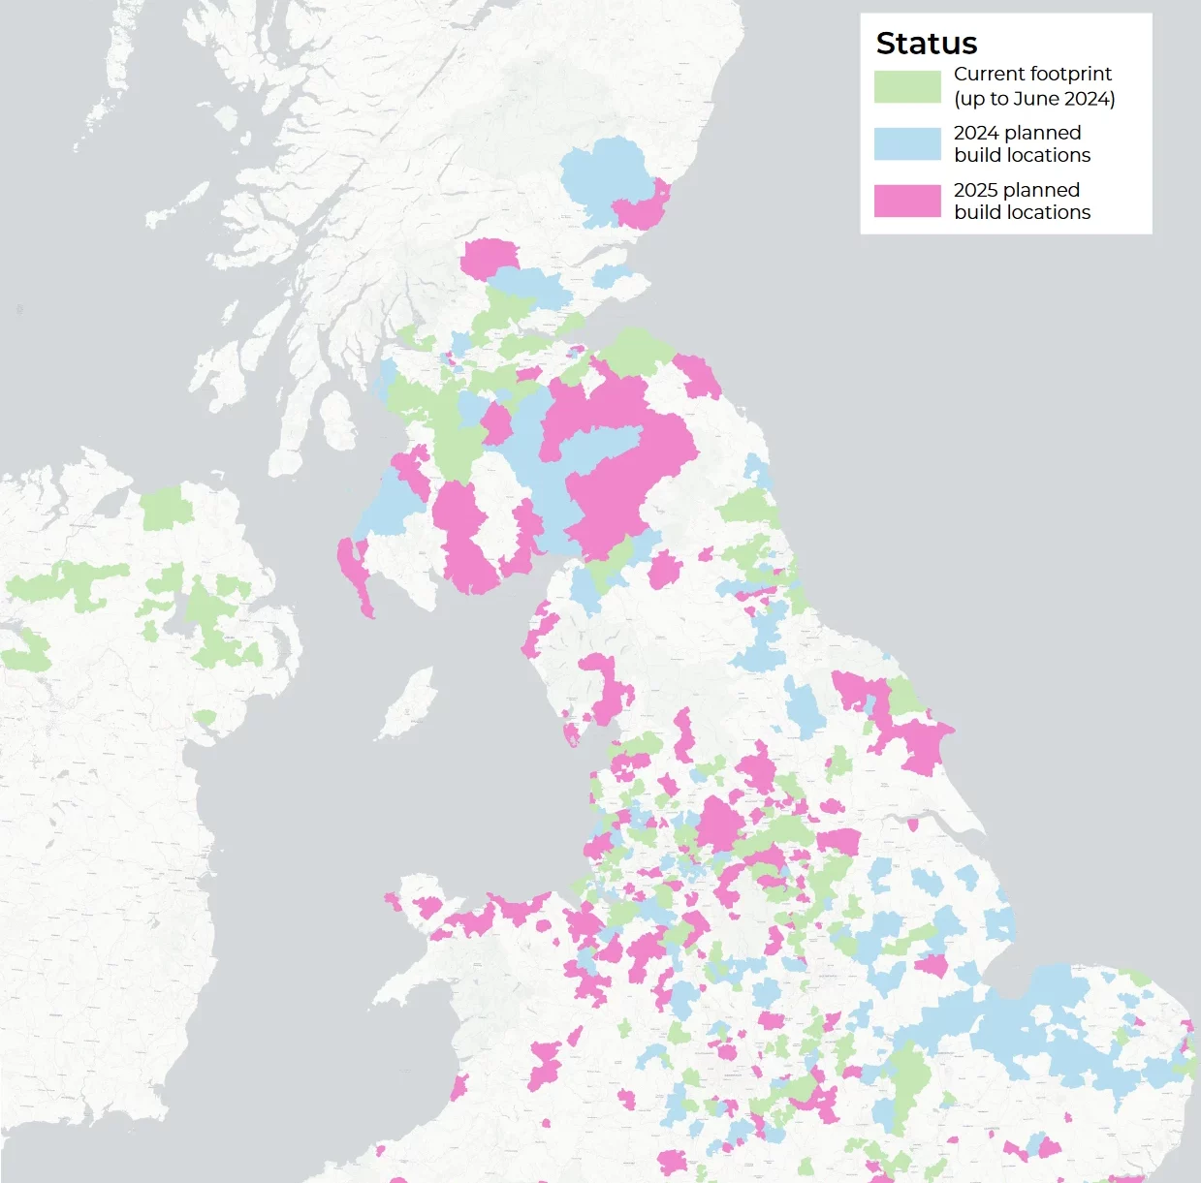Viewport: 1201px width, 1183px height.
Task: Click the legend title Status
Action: coord(926,44)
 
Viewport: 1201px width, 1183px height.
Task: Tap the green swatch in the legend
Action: coord(906,86)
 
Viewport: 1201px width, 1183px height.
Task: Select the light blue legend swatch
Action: coord(906,143)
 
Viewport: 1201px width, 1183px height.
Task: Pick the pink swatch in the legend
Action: coord(906,201)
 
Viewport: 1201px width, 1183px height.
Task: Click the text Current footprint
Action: coord(1032,74)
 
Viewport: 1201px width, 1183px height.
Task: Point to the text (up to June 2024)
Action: coord(1034,99)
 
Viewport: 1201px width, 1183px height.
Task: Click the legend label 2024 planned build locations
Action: coord(1022,143)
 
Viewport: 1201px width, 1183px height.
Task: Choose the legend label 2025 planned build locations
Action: coord(1022,201)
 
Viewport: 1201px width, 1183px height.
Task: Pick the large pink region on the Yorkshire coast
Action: coord(916,741)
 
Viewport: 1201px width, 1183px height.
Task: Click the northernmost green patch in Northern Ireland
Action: coord(165,508)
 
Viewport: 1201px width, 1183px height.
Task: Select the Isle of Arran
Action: coord(337,421)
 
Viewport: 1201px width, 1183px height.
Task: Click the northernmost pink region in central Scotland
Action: coord(490,258)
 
